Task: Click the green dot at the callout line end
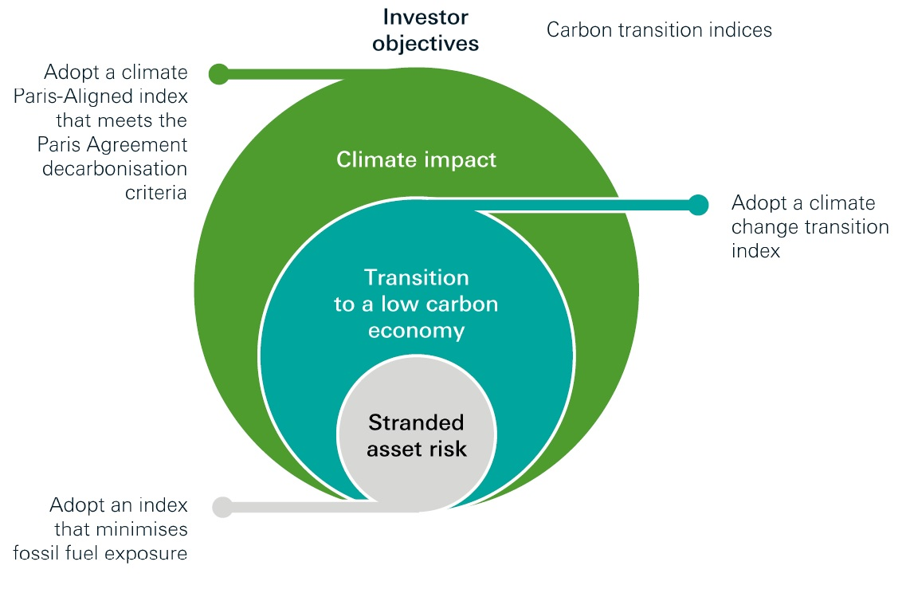click(219, 74)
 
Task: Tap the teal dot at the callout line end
click(698, 205)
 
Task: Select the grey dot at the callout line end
click(222, 507)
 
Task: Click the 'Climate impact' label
click(416, 159)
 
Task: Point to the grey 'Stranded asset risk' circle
click(417, 434)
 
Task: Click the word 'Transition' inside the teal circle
click(416, 277)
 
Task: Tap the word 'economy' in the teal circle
click(416, 331)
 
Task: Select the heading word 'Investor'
click(426, 18)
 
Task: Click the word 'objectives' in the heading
click(426, 44)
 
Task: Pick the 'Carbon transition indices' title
click(659, 30)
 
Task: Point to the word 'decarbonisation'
click(115, 169)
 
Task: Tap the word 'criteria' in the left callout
click(156, 192)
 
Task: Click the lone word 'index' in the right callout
click(755, 251)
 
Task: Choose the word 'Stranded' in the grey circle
click(416, 422)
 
